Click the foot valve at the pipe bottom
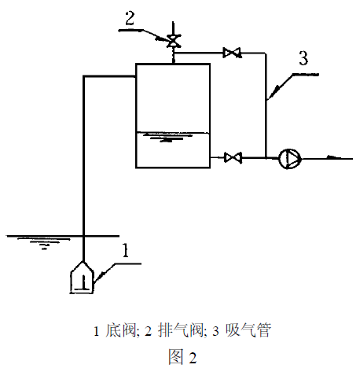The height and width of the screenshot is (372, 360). coord(83,276)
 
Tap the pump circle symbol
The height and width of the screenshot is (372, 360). coord(289,158)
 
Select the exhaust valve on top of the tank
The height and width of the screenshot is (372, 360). coord(173,39)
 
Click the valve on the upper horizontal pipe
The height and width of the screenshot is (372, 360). coord(232,53)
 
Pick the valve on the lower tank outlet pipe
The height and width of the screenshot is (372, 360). coord(232,158)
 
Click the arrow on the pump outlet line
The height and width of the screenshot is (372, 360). coord(333,158)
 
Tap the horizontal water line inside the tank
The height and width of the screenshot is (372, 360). coord(173,132)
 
